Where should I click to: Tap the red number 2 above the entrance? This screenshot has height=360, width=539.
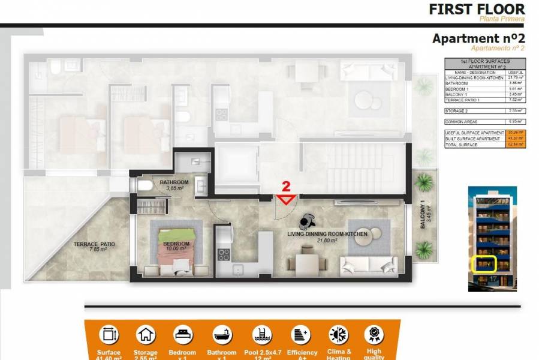pyautogui.click(x=286, y=186)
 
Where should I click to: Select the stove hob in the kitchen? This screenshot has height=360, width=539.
pyautogui.click(x=223, y=254)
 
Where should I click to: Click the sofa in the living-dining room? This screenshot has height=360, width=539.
pyautogui.click(x=368, y=265)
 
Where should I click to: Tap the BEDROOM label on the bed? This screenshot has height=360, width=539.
pyautogui.click(x=176, y=244)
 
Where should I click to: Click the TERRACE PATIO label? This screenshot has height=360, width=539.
pyautogui.click(x=94, y=244)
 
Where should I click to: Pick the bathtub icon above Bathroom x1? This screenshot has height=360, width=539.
pyautogui.click(x=222, y=335)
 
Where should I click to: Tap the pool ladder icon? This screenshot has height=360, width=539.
pyautogui.click(x=261, y=335)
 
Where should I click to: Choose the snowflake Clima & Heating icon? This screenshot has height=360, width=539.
pyautogui.click(x=338, y=335)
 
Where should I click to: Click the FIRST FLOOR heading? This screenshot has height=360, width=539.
pyautogui.click(x=477, y=9)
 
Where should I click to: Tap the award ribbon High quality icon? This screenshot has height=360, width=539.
pyautogui.click(x=374, y=335)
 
